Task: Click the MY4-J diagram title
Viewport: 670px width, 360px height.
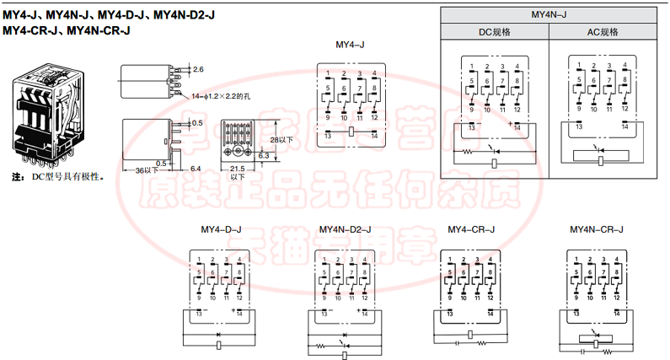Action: coord(349,44)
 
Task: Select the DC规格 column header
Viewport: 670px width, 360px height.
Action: coord(494,32)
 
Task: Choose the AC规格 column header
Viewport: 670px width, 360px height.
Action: coord(602,32)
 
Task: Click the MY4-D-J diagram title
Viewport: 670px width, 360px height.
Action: coord(221,229)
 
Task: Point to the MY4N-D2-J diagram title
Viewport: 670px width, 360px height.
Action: coord(344,229)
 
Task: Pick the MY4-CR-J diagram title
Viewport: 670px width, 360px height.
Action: coord(471,229)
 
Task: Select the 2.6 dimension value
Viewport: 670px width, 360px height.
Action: coord(198,68)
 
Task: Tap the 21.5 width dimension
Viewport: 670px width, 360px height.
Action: coord(238,169)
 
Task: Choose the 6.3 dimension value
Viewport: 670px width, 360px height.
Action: coord(264,156)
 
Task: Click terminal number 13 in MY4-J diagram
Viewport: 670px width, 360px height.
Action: coord(328,137)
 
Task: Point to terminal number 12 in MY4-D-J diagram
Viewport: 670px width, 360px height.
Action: coord(241,299)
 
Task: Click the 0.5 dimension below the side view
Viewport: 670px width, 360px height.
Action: coord(159,163)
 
